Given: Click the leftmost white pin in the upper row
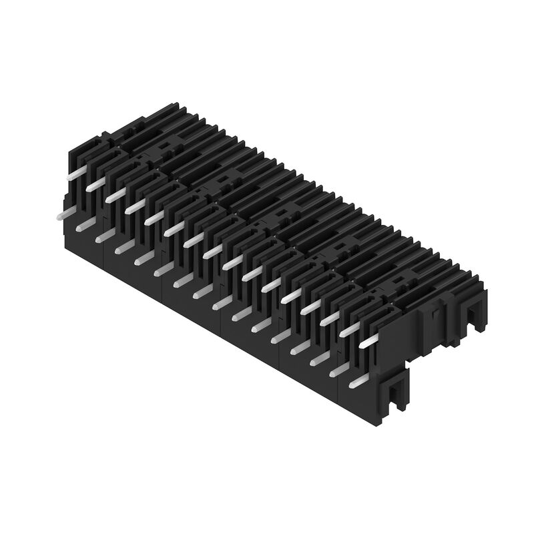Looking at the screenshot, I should click(77, 173).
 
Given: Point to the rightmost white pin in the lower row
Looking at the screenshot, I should click(356, 382).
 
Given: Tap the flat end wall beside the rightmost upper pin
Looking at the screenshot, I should click(400, 340).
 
